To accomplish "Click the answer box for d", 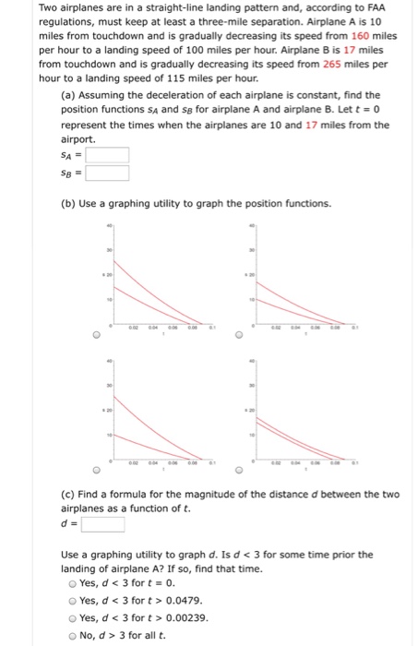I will (x=103, y=525).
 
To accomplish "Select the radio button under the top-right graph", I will (x=239, y=336).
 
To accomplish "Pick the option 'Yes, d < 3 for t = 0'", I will (x=74, y=584).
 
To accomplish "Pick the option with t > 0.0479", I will (x=74, y=600).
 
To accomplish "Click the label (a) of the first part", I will (x=68, y=95).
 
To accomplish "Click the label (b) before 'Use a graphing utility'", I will (x=68, y=203).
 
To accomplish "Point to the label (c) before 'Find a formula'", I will (x=68, y=495).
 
